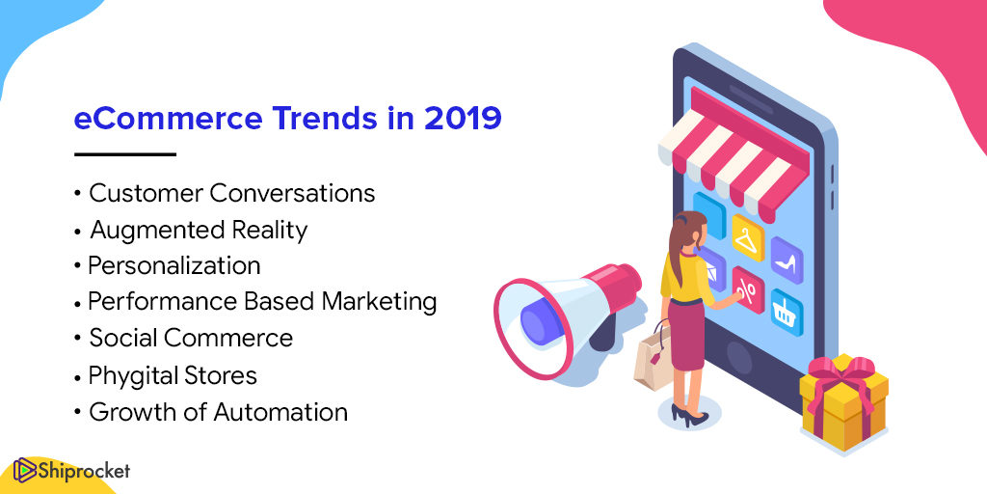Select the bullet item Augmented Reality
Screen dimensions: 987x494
click(199, 231)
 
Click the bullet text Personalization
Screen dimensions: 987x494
click(174, 265)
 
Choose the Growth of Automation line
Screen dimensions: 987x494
click(219, 412)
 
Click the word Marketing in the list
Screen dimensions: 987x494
click(379, 302)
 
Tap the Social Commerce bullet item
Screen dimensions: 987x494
click(191, 339)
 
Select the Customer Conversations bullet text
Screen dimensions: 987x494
click(232, 193)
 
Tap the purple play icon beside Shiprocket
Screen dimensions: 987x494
click(24, 470)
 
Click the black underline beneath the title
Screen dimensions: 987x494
click(124, 153)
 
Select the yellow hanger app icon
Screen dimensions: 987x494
click(748, 238)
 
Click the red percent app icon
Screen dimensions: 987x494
click(748, 289)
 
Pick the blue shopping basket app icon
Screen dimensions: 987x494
click(787, 313)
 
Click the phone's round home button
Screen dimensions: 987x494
click(739, 359)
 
